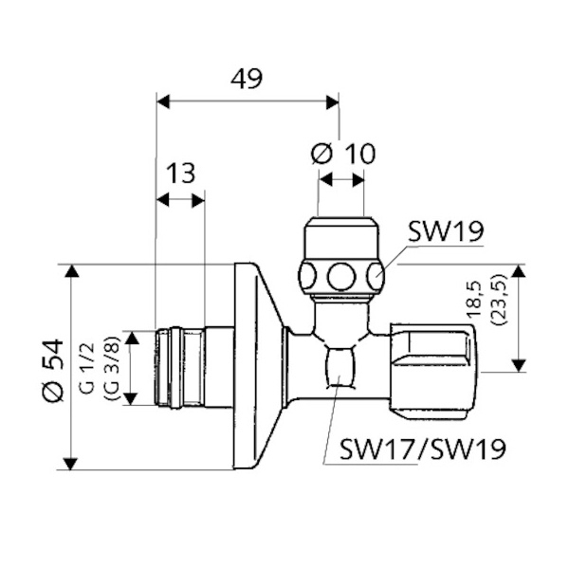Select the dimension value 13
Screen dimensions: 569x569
(x=180, y=174)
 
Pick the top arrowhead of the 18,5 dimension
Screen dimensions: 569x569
(x=519, y=270)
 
